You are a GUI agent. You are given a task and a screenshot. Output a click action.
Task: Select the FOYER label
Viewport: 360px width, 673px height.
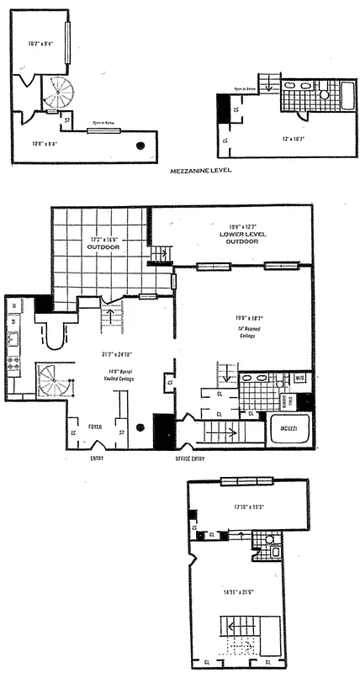pyautogui.click(x=94, y=427)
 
